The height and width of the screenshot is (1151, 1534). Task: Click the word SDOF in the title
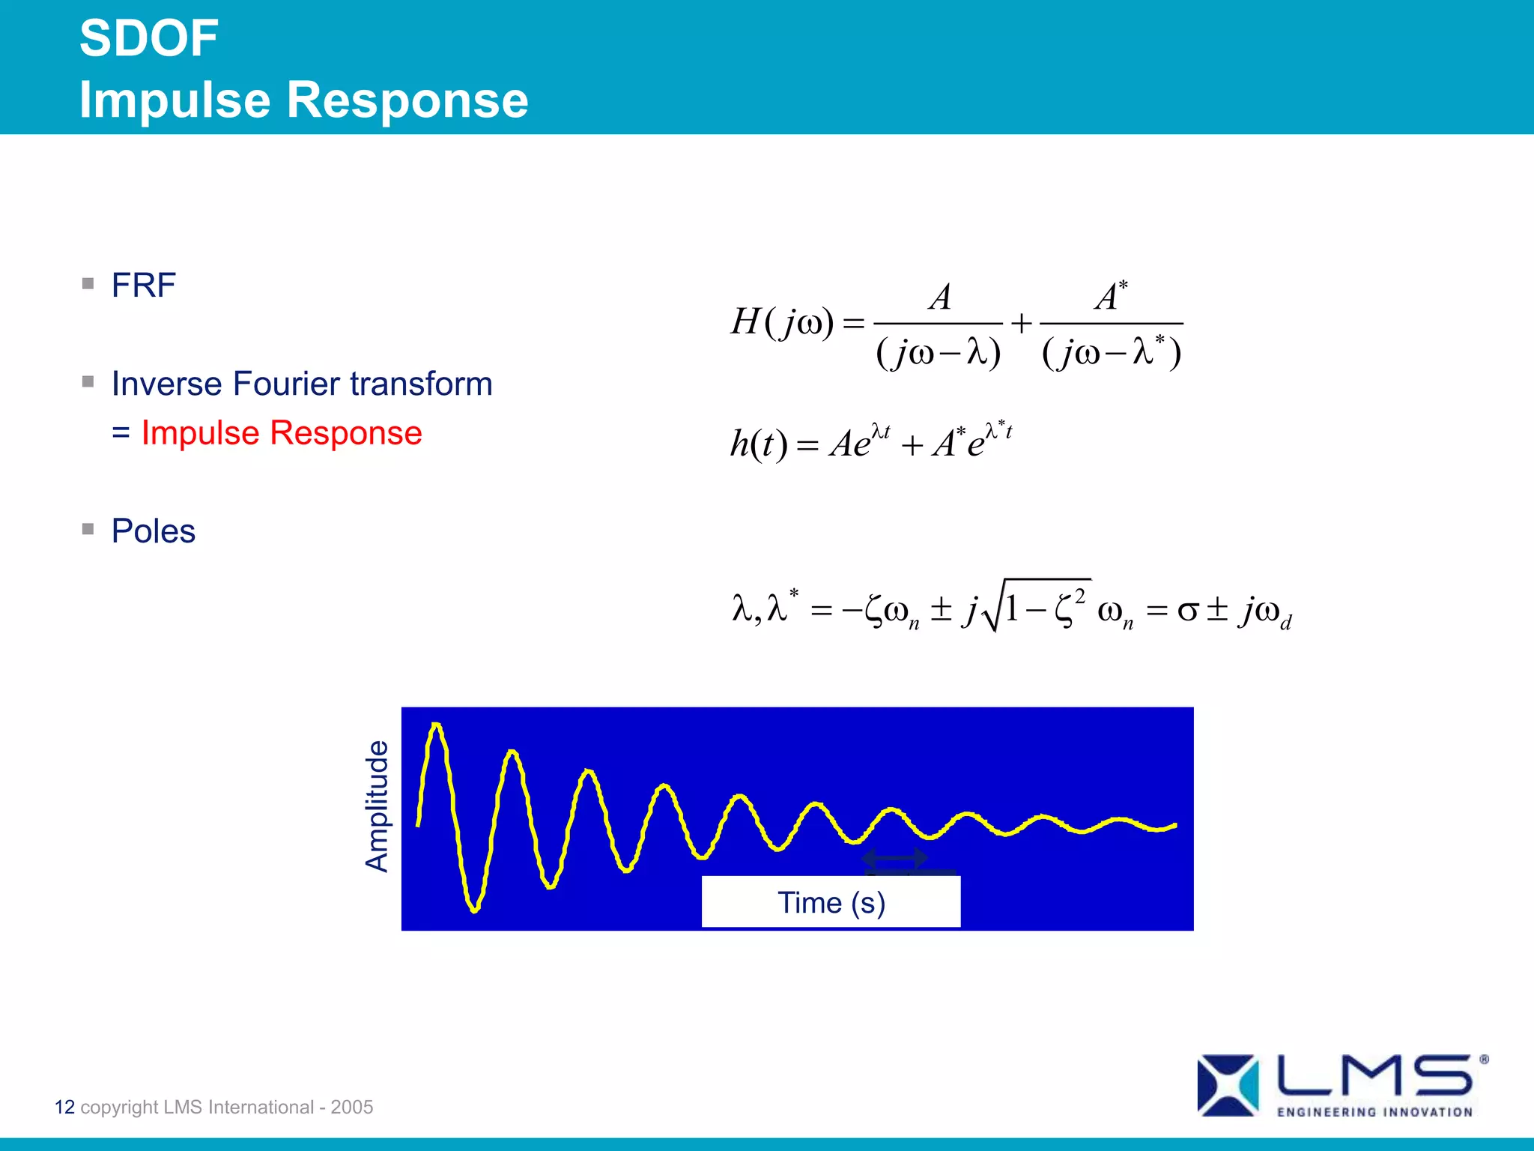coord(148,39)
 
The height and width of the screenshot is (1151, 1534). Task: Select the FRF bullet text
coord(143,286)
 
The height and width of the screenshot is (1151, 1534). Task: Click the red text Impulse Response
coord(282,433)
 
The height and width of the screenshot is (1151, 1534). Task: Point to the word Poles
coord(154,531)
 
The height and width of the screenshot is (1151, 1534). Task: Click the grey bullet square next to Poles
coord(88,529)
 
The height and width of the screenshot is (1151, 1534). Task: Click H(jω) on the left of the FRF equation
coord(781,323)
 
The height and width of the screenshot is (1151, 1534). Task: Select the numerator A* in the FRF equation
coord(1111,295)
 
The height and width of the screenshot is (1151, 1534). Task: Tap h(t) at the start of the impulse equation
coord(758,444)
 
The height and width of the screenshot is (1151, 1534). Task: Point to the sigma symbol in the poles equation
coord(1187,610)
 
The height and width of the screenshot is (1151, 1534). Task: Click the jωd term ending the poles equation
coord(1266,611)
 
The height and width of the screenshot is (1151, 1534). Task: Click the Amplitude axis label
coord(377,806)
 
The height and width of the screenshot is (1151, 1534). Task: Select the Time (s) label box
coord(831,902)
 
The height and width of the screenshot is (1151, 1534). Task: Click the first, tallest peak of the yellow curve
coord(436,725)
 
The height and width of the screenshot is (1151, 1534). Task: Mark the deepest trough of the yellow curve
coord(474,910)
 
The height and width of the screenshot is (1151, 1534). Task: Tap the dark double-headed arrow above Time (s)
coord(894,857)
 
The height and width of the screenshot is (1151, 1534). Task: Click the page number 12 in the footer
coord(64,1107)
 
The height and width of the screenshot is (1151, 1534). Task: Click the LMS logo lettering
coord(1374,1076)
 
